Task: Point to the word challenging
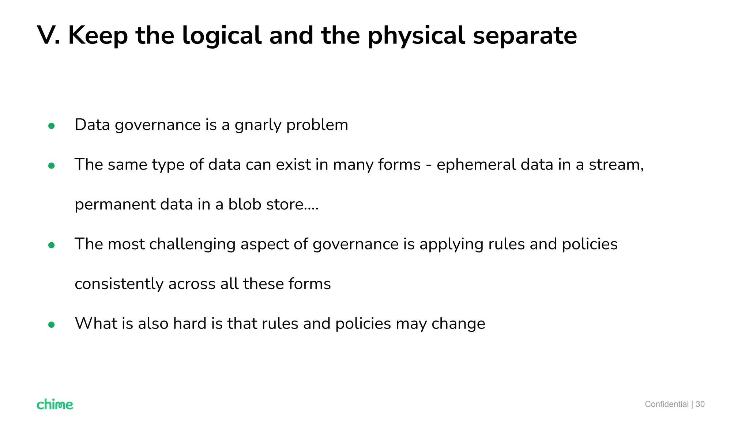(x=192, y=244)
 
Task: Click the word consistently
(x=119, y=284)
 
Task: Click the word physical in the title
(x=416, y=36)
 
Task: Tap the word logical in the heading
(x=222, y=36)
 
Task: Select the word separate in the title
(x=525, y=36)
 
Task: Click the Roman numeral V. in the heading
(x=49, y=35)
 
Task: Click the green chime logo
(x=55, y=404)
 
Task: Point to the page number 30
(x=700, y=404)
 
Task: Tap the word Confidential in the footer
(x=666, y=404)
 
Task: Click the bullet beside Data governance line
(x=52, y=126)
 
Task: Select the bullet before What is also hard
(x=52, y=325)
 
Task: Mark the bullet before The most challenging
(x=52, y=245)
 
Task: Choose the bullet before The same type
(x=52, y=166)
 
